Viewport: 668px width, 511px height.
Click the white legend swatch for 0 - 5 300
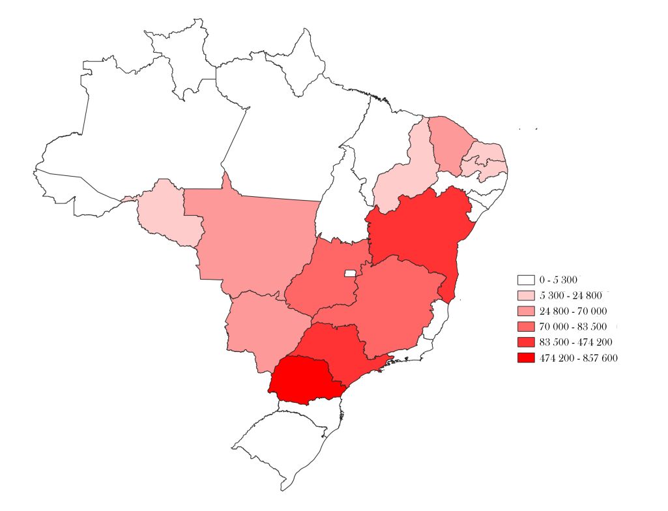coord(526,280)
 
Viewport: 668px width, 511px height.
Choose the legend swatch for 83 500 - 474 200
coord(526,342)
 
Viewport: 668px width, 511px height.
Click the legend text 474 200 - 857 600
coord(578,358)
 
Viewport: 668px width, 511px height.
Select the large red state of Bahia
coord(417,235)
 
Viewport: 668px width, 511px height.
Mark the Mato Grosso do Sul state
coord(264,329)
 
